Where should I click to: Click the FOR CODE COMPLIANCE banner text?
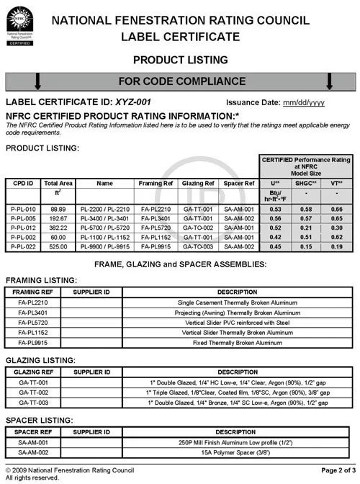coord(182,81)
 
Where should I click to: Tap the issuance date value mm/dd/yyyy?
coord(303,102)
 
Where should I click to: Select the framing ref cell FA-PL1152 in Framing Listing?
coord(32,333)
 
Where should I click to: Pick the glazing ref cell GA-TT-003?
coord(32,402)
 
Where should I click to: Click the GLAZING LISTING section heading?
coord(40,361)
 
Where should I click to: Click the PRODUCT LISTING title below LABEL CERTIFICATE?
coord(181,59)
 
